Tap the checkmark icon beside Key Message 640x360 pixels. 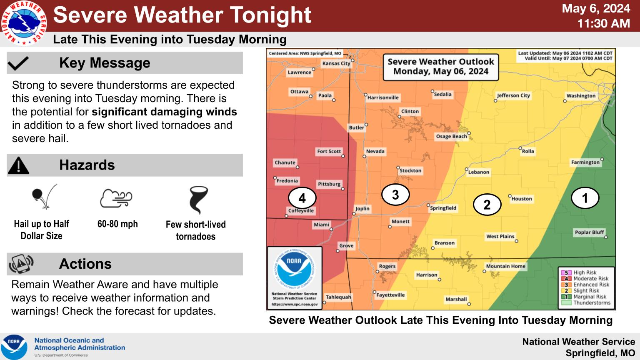18,63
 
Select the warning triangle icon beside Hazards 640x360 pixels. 18,165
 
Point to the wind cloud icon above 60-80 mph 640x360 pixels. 116,198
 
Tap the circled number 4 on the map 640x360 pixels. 302,198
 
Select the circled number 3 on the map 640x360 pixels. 395,194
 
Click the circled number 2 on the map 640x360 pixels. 487,205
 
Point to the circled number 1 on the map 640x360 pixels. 585,198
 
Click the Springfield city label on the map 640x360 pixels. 443,208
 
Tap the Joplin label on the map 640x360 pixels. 362,209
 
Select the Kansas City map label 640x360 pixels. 336,63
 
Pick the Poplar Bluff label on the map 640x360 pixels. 589,232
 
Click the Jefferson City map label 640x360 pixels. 513,95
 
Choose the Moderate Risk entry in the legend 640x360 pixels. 590,279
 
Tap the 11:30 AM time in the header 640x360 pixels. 603,23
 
